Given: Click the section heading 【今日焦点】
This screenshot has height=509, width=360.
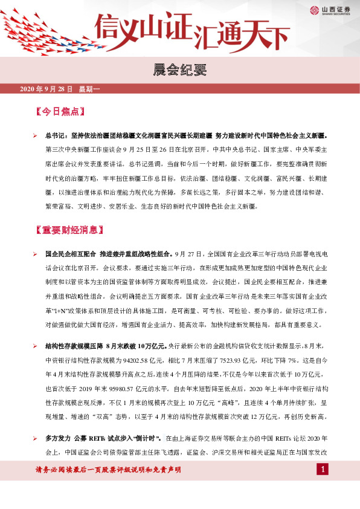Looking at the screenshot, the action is pyautogui.click(x=60, y=112).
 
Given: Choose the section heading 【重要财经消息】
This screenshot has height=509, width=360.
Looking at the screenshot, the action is pyautogui.click(x=69, y=230).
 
